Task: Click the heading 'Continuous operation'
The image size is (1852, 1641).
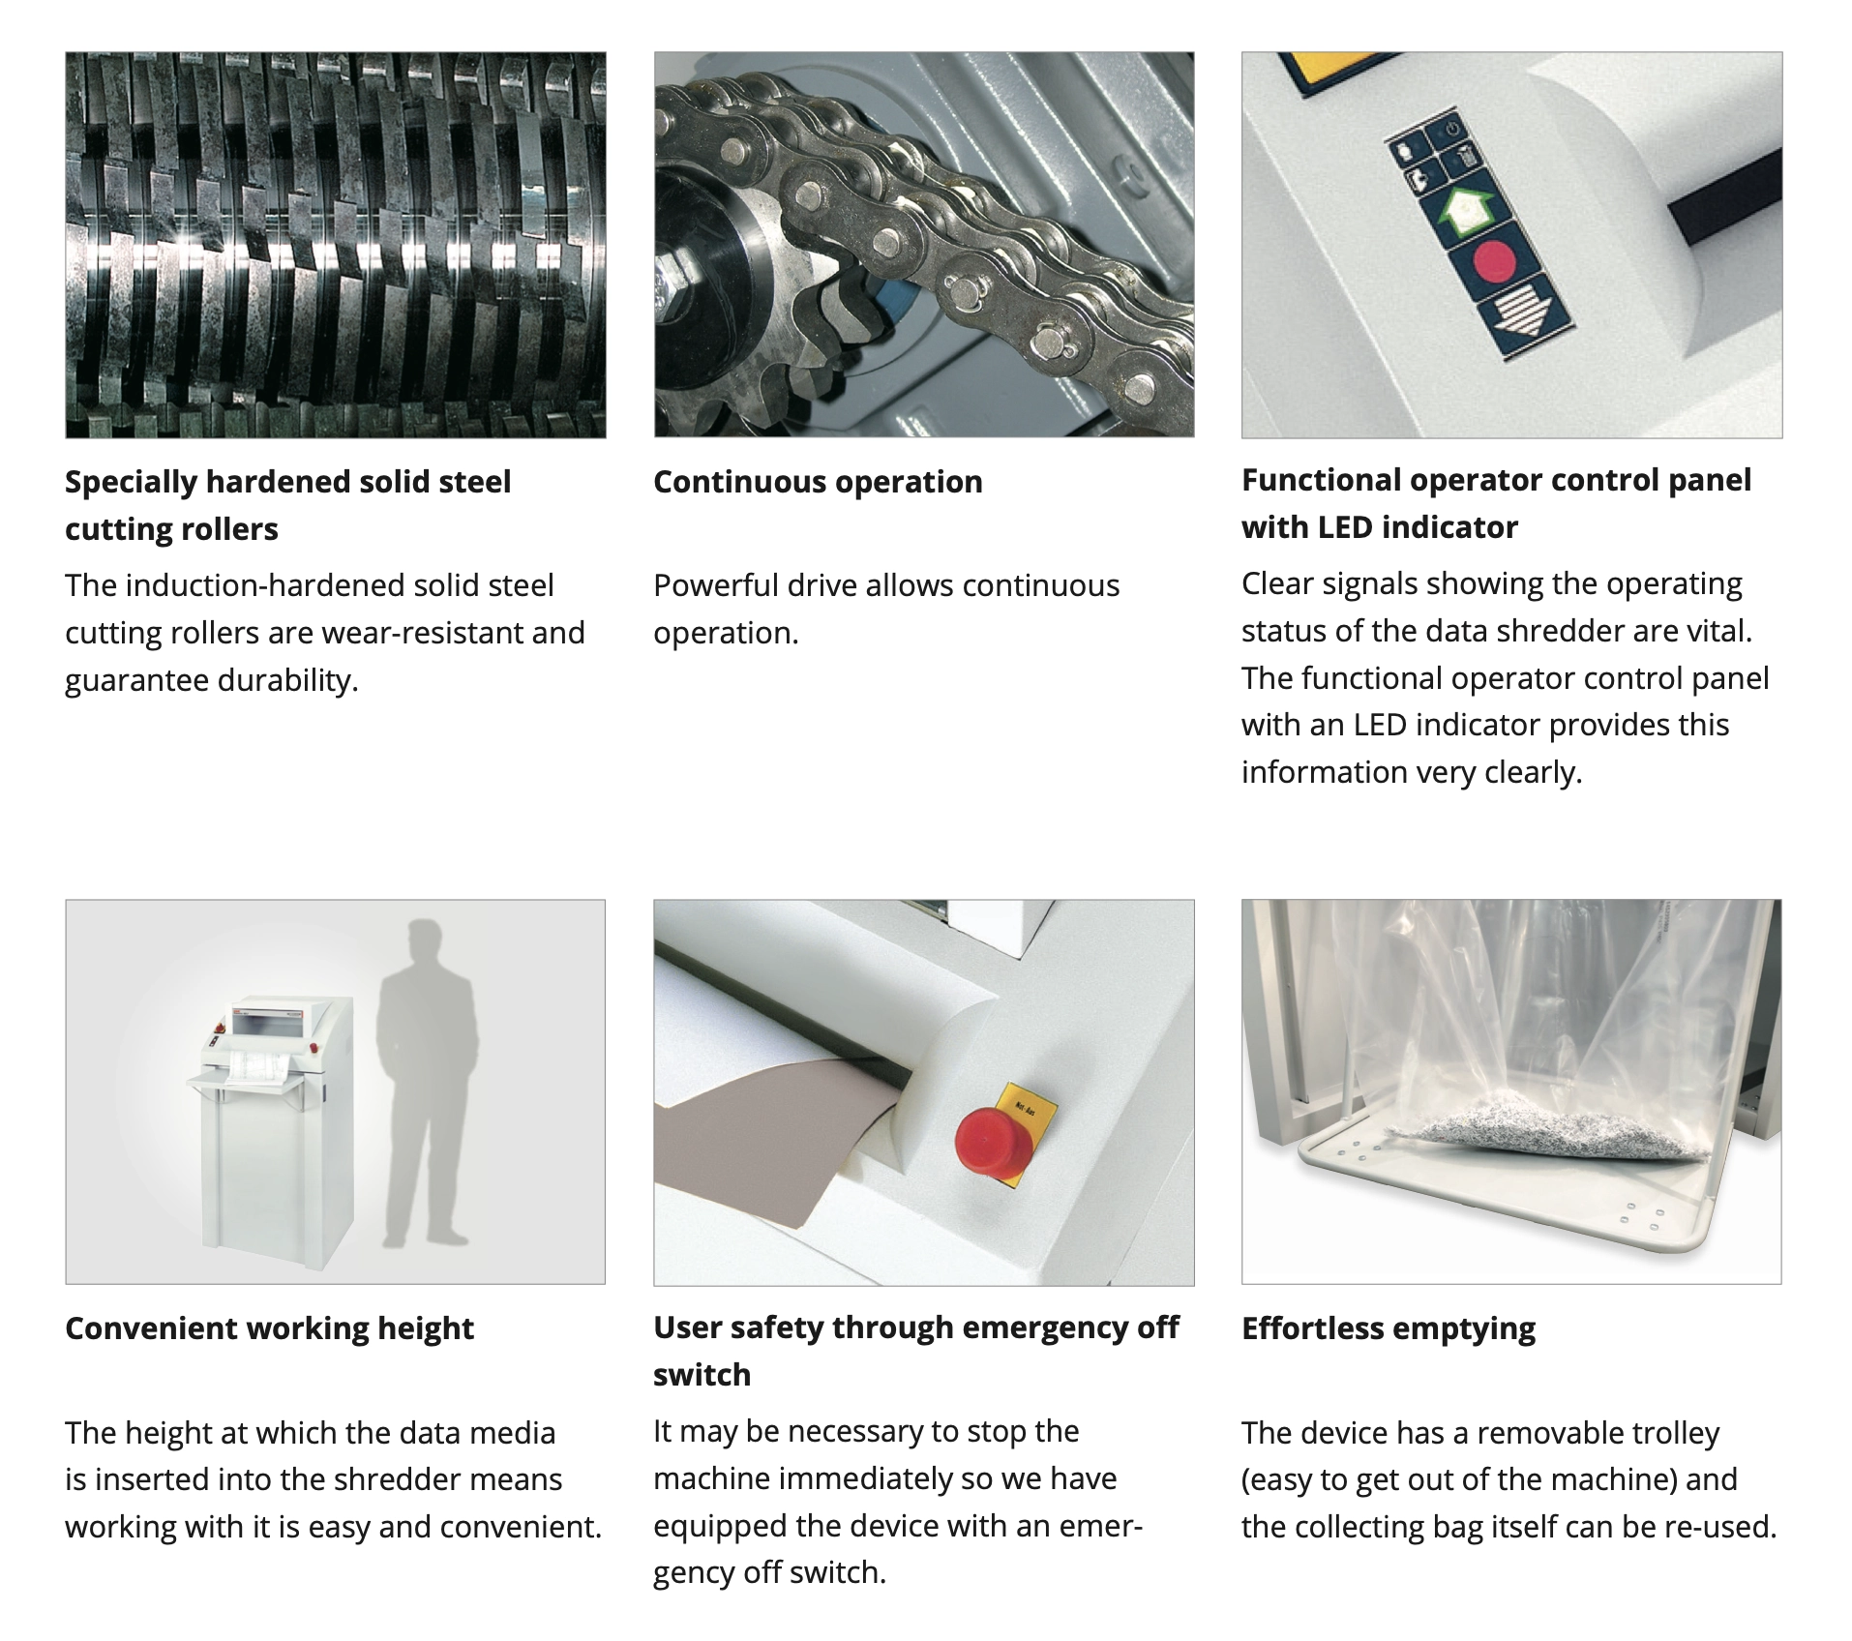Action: (x=818, y=482)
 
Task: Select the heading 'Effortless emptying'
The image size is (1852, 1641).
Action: (x=1389, y=1328)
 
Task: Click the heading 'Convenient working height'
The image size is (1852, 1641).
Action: (x=269, y=1328)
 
